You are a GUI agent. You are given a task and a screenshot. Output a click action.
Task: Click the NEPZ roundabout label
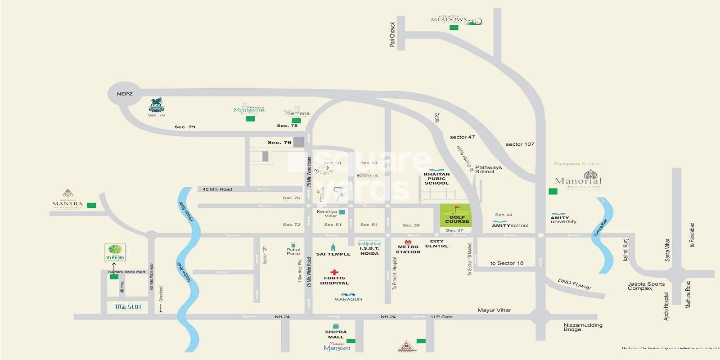pos(125,94)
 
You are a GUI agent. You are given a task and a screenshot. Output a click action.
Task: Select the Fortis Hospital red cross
pos(334,272)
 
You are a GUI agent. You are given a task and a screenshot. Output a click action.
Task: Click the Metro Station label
pos(408,249)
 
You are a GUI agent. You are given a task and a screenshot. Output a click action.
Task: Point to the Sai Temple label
pos(333,254)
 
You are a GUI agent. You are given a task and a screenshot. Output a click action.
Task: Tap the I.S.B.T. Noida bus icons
pos(369,243)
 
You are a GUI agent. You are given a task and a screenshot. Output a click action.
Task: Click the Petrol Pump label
pos(293,252)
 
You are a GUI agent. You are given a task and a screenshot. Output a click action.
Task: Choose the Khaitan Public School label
pos(436,179)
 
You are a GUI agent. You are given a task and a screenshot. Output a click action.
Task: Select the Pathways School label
pos(488,169)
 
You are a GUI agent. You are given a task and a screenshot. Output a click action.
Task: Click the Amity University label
pos(563,220)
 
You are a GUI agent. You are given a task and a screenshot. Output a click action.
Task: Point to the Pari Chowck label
pos(392,35)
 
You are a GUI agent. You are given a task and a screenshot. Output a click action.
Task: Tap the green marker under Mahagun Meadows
pos(454,27)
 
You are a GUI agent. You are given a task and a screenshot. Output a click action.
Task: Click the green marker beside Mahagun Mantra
pos(91,205)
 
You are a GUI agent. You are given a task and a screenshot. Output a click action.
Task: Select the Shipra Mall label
pos(336,334)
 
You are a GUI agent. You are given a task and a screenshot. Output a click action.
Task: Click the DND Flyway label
pos(574,284)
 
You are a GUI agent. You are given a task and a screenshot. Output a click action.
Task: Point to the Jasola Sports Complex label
pos(646,286)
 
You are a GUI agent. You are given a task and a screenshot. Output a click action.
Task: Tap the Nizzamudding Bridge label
pos(583,327)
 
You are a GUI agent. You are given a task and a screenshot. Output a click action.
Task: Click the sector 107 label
pos(520,144)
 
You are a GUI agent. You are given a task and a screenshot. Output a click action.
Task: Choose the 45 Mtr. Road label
pos(217,189)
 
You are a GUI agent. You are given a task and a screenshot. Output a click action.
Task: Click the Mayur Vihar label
pos(494,310)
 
